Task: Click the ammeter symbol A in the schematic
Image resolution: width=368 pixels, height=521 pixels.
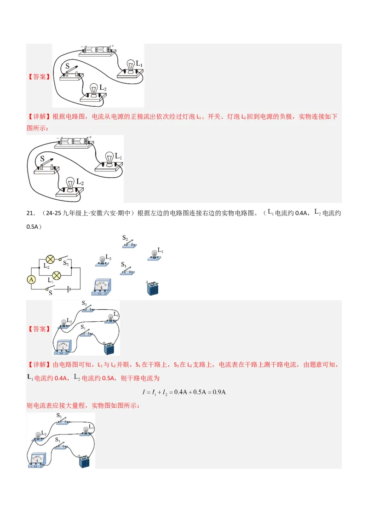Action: [31, 279]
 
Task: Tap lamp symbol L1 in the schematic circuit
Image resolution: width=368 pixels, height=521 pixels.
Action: [57, 275]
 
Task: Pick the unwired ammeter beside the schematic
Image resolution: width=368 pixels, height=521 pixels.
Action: [102, 287]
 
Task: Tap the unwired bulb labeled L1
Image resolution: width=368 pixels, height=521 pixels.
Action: [154, 254]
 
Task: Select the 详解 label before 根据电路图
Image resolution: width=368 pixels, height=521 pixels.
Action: [39, 117]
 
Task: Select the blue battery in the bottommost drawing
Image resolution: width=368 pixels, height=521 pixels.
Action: [84, 461]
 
